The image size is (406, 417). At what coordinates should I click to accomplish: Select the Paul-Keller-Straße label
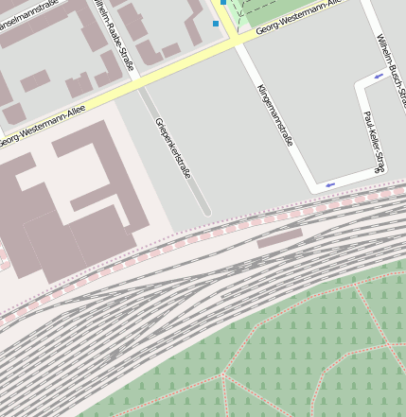tap(374, 142)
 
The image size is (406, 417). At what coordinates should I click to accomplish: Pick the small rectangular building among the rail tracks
tap(279, 237)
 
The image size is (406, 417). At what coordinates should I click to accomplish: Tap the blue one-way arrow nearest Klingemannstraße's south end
tap(329, 184)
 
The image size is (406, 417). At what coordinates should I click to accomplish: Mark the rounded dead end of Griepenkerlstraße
tap(206, 212)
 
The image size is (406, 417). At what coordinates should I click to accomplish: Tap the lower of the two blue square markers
tap(216, 24)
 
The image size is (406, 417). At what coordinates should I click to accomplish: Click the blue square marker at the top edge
tap(224, 2)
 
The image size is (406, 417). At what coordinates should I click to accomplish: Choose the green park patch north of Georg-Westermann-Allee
tap(284, 9)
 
